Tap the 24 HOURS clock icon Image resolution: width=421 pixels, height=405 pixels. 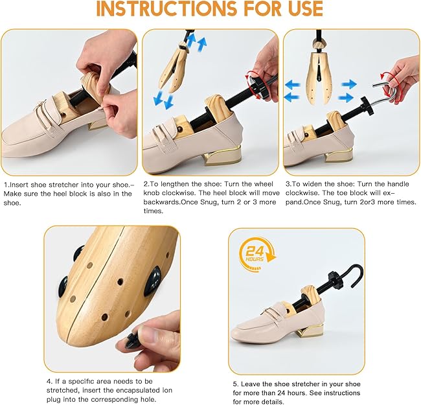(x=257, y=250)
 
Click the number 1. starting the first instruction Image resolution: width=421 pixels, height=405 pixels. (x=5, y=184)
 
